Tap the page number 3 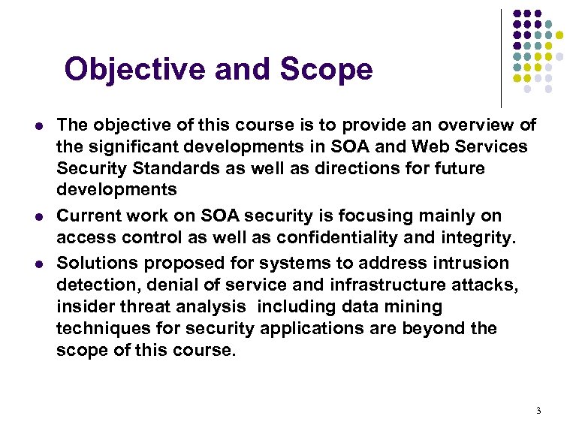click(538, 411)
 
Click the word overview click(464, 124)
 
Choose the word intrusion click(472, 263)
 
